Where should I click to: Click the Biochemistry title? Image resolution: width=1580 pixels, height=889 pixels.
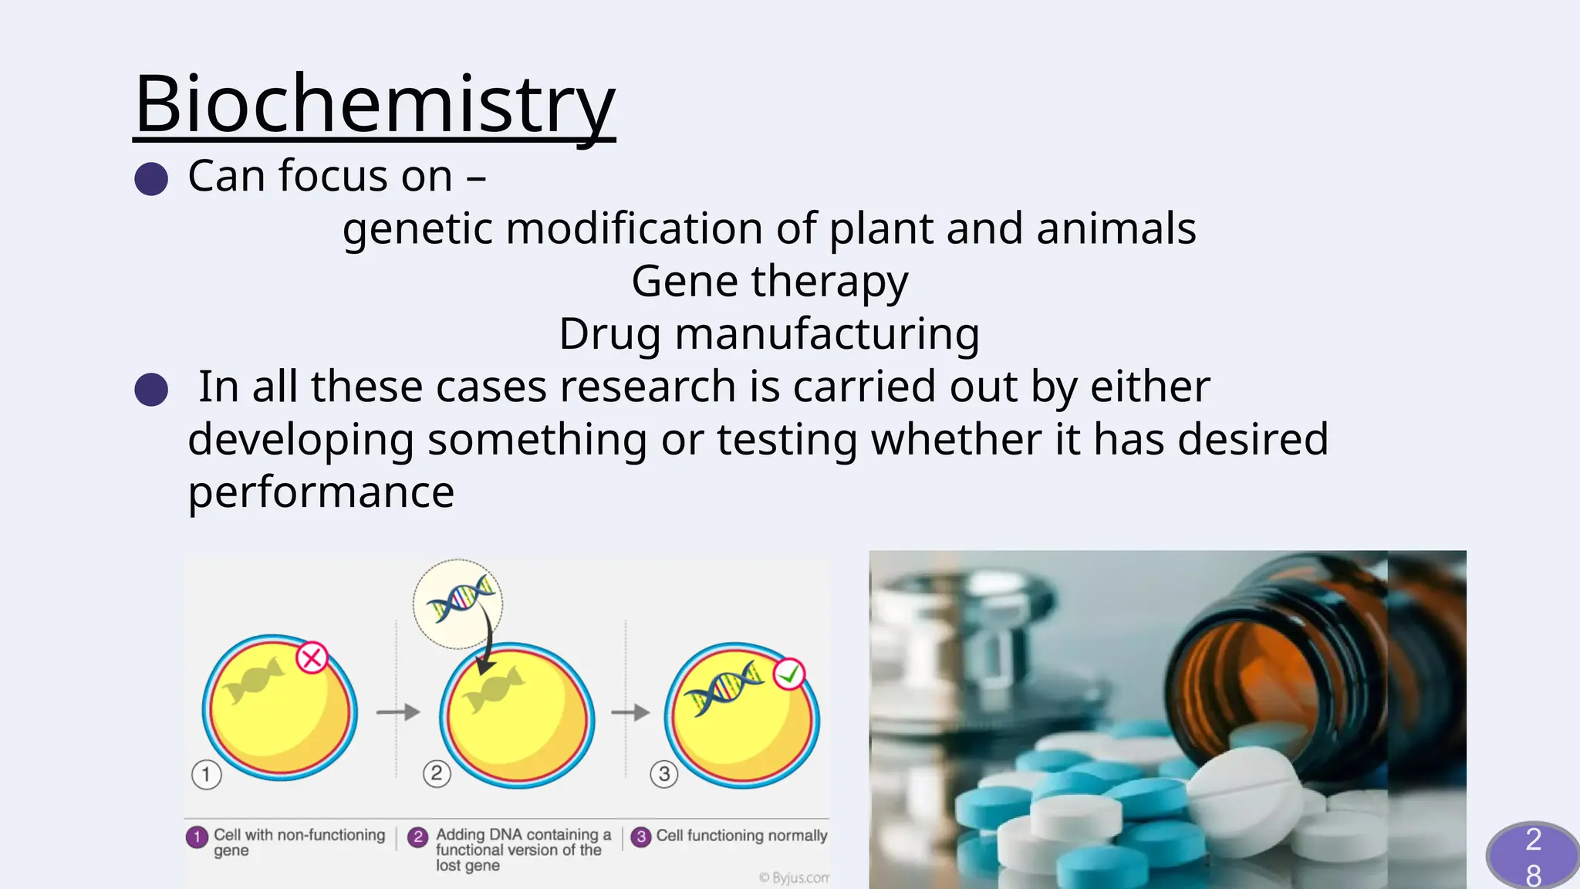coord(374,104)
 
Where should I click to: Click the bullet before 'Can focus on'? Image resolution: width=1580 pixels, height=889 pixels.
coord(151,178)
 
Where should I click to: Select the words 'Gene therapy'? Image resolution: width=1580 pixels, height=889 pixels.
coord(769,281)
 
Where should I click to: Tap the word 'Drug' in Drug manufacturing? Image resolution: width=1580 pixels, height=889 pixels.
coord(609,334)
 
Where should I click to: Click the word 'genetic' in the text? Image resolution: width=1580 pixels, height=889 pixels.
coord(417,229)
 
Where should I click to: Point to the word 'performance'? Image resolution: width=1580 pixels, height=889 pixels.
coord(321,492)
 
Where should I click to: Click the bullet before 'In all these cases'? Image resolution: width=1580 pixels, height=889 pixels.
coord(151,389)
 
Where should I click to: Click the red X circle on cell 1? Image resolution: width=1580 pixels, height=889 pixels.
coord(312,658)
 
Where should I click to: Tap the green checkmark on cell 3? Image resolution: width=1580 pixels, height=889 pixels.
coord(789,674)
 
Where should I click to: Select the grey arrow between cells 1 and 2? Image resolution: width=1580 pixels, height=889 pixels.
coord(398,712)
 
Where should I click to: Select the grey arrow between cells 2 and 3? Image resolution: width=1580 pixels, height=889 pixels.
coord(631,712)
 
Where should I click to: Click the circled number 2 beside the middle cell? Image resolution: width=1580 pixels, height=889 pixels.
coord(437,773)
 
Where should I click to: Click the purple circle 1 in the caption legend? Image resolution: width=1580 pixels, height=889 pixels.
coord(197,837)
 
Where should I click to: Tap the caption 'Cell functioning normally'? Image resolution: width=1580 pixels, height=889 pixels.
coord(741,836)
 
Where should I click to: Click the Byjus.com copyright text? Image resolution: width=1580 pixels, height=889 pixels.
coord(795,877)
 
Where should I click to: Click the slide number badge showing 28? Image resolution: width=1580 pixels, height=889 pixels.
coord(1532,855)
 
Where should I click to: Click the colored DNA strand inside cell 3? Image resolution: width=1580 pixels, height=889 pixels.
coord(725,687)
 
